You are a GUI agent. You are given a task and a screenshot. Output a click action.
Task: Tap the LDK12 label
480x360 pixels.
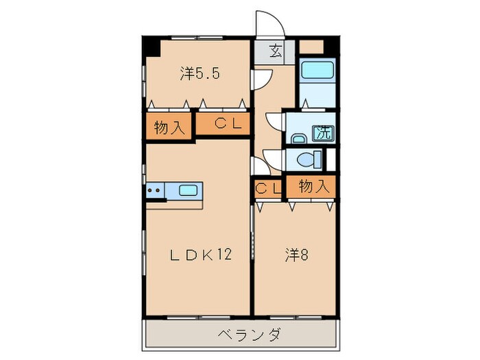201,255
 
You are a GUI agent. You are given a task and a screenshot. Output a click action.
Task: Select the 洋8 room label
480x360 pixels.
296,255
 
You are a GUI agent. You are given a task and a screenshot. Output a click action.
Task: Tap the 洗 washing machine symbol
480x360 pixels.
322,133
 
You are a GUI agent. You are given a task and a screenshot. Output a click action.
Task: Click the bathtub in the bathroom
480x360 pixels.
317,70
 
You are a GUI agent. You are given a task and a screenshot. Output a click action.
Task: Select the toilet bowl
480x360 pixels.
309,158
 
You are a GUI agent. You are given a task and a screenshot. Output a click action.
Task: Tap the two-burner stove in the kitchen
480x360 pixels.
155,191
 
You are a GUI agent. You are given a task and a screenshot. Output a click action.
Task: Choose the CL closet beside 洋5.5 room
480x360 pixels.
224,124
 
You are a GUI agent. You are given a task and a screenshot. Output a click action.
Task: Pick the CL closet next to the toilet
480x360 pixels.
267,187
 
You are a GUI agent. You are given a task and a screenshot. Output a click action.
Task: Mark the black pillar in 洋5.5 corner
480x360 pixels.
151,47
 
